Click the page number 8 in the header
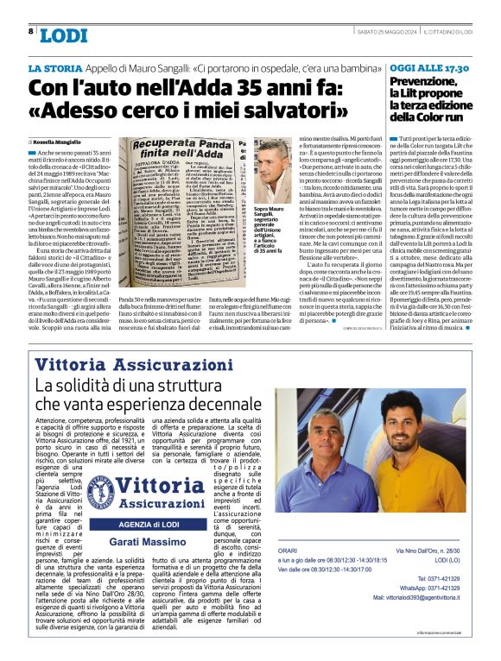30,31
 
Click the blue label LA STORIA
59,68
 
